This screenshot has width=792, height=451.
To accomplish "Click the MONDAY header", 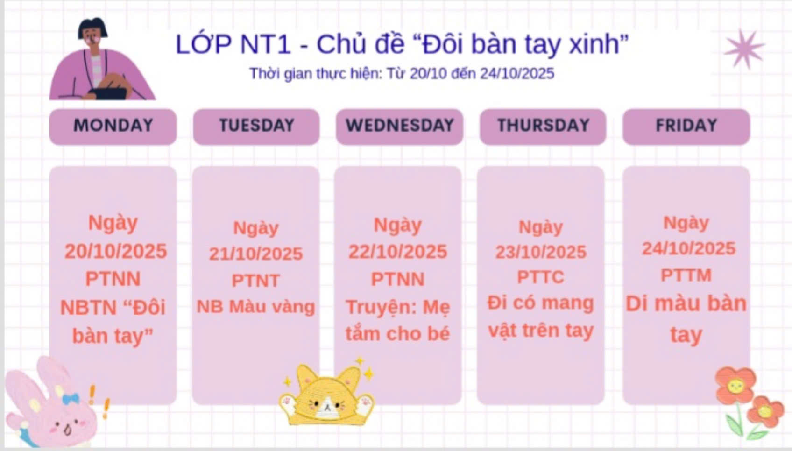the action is (x=113, y=126).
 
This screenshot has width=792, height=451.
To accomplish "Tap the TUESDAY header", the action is (x=256, y=126).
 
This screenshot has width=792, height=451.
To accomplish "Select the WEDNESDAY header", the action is (x=400, y=126).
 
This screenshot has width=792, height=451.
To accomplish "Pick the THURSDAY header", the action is (x=543, y=126).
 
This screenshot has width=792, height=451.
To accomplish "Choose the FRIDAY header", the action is (x=686, y=126).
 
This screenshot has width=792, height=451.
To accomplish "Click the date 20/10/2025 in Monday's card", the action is (x=116, y=251).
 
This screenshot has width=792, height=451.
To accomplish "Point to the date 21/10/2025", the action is (x=256, y=254).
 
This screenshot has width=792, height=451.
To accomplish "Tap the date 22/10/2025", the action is (x=398, y=252).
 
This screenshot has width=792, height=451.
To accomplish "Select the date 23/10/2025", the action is (x=541, y=253).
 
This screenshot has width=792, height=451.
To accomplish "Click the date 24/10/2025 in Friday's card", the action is (x=688, y=248).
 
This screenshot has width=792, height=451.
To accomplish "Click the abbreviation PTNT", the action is (x=256, y=281).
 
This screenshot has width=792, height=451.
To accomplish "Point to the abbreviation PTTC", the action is (x=541, y=277).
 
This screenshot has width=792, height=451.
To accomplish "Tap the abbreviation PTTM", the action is (x=686, y=275).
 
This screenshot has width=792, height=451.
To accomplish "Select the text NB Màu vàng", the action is (x=255, y=306).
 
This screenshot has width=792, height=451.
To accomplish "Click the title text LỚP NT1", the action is (x=233, y=44).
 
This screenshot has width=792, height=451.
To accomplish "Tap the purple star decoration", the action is (x=744, y=49).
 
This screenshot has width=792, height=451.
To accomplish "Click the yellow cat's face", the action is (x=326, y=403).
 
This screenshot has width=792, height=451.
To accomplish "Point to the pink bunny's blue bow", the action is (x=71, y=398).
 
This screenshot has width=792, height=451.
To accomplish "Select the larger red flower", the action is (x=735, y=385).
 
